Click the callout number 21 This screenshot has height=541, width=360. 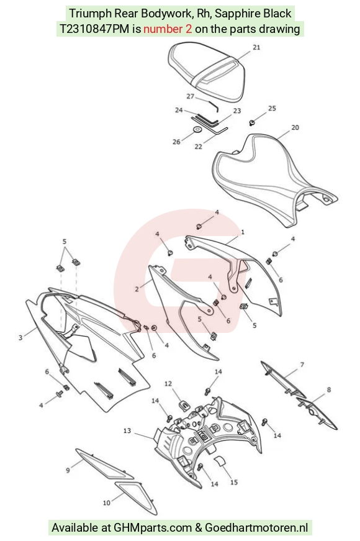[x=256, y=47]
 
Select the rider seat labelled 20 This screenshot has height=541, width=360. [x=272, y=180]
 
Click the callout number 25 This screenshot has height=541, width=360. [x=272, y=108]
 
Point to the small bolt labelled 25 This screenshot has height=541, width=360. [x=252, y=122]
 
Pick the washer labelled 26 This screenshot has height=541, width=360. [x=197, y=130]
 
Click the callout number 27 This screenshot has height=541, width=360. [x=191, y=96]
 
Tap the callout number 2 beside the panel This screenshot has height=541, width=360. [x=137, y=289]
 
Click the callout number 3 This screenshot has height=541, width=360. [x=20, y=337]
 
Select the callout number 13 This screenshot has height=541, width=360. [x=127, y=430]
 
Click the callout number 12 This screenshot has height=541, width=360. [x=168, y=383]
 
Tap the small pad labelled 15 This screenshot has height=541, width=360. [x=219, y=461]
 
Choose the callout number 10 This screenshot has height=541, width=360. [x=107, y=502]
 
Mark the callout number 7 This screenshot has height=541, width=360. [x=302, y=365]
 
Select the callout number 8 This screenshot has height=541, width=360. [x=328, y=389]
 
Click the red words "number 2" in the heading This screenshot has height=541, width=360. [x=168, y=29]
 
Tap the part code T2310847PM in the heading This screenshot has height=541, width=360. [x=95, y=29]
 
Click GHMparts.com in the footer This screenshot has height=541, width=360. [x=153, y=527]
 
